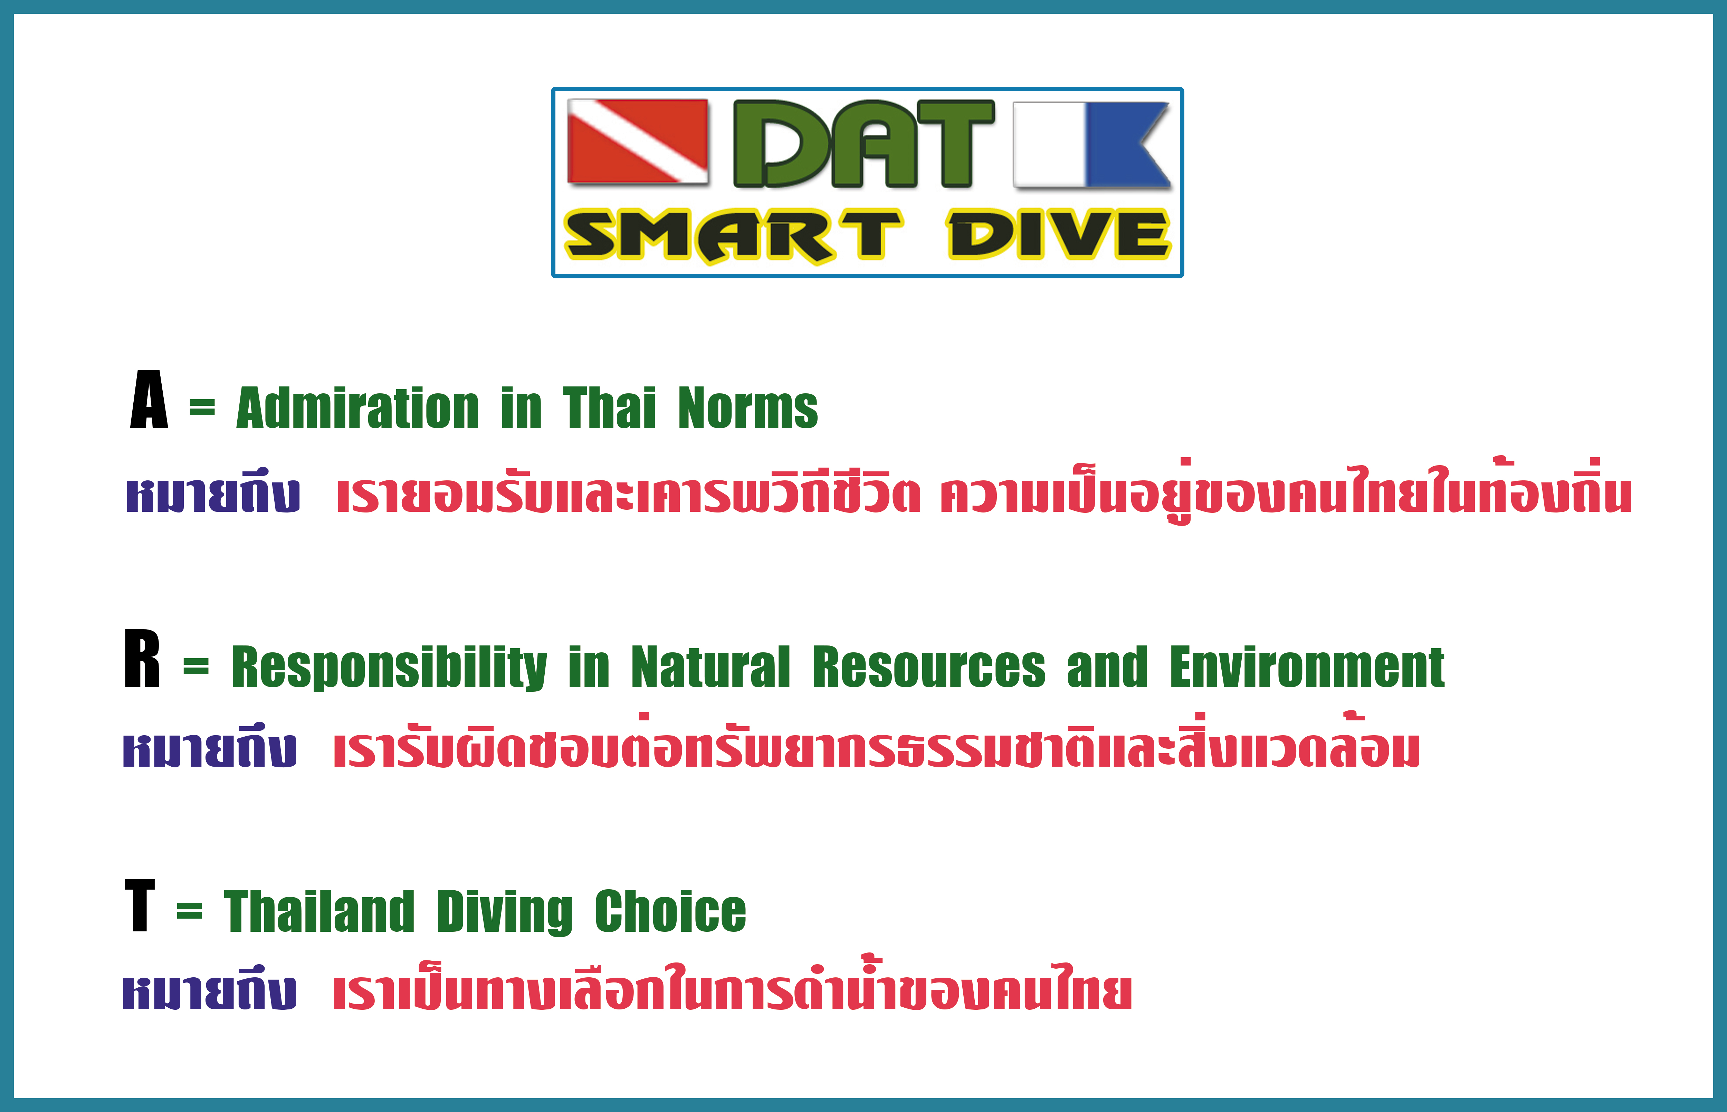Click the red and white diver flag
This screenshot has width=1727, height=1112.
click(638, 142)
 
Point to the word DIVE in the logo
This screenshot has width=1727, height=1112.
click(1058, 235)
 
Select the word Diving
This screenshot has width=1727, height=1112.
click(505, 913)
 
